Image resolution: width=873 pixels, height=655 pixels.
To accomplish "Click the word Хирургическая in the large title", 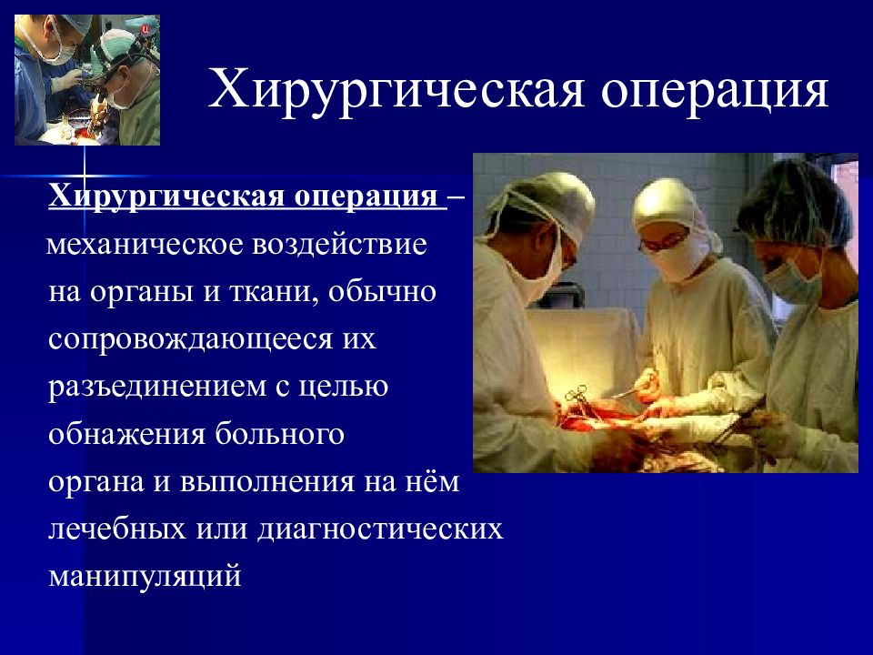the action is [x=396, y=90].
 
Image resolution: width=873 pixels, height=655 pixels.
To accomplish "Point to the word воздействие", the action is [x=339, y=245].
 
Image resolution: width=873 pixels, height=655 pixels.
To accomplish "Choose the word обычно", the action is [x=382, y=292].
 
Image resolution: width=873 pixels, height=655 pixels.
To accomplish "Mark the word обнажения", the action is [x=126, y=434].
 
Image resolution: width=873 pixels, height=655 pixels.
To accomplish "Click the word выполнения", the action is [x=266, y=482].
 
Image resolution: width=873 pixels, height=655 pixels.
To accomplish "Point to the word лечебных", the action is [x=117, y=529].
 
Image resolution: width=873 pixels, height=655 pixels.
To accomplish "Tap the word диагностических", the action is [x=380, y=529].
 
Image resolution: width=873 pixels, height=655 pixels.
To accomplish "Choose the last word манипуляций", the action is [x=145, y=576].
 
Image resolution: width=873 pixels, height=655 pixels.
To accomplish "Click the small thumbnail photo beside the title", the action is [x=87, y=80].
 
